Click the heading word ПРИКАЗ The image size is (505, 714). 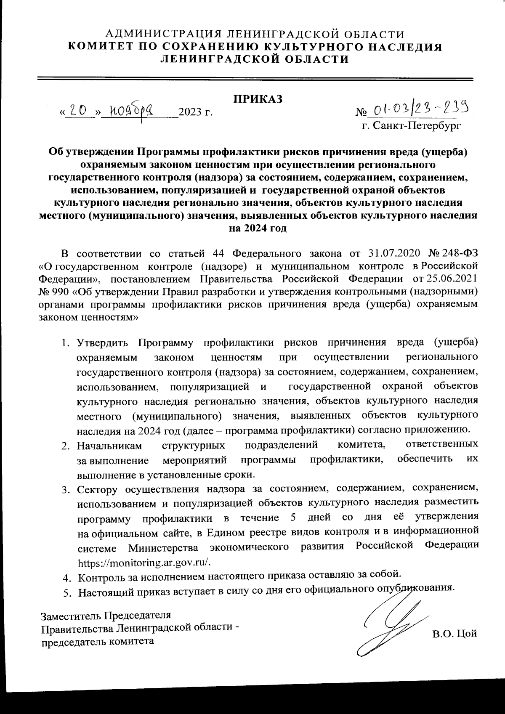point(258,99)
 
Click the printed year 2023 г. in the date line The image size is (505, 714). point(195,112)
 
